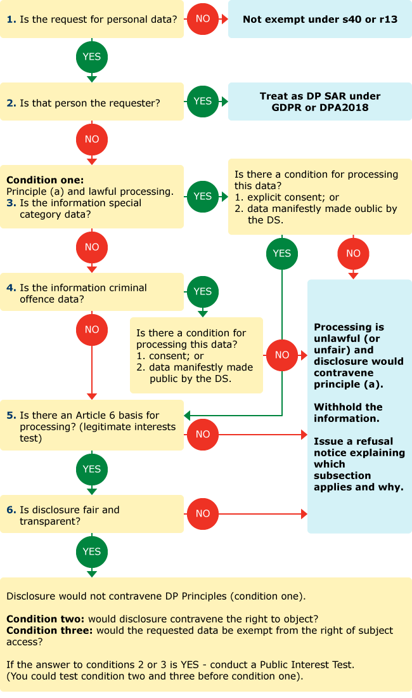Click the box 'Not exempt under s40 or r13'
click(x=320, y=19)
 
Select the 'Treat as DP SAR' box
click(x=320, y=102)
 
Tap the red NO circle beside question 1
click(x=203, y=19)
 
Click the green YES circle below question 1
click(x=92, y=57)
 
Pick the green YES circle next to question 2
click(x=203, y=102)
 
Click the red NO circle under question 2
click(x=92, y=139)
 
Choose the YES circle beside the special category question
click(x=203, y=197)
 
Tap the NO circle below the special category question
click(x=92, y=247)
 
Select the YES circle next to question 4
click(x=203, y=292)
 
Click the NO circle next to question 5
click(x=203, y=435)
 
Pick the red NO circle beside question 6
click(x=203, y=514)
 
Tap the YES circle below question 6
click(x=92, y=551)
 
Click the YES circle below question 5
click(x=92, y=469)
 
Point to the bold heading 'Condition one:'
click(x=45, y=180)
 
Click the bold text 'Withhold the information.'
click(x=348, y=412)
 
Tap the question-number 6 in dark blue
click(x=10, y=510)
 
